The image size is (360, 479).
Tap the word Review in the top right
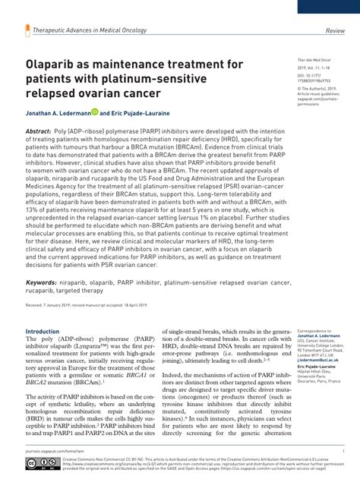pyautogui.click(x=335, y=31)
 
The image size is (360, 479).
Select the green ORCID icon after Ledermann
pyautogui.click(x=95, y=112)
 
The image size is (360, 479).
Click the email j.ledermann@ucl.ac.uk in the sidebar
pyautogui.click(x=320, y=360)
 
